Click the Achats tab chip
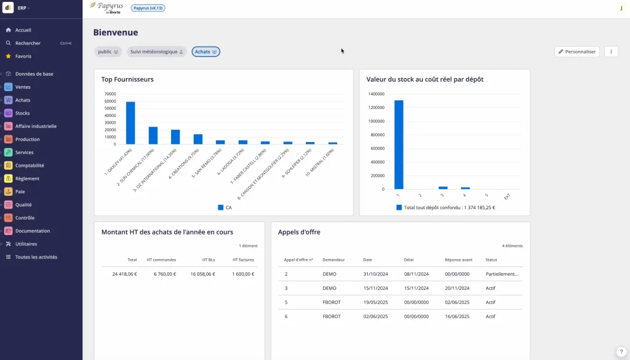205,52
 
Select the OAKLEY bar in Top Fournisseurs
130,123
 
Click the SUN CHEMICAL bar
153,135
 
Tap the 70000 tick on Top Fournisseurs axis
110,94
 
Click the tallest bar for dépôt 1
399,145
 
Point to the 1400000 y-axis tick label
376,94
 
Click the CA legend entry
225,207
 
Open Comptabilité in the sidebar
29,166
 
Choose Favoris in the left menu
23,56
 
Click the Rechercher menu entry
28,43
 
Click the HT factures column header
243,260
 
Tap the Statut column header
491,260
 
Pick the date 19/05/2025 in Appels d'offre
375,302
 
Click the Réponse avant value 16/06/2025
457,316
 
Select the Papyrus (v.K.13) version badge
148,8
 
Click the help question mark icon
621,351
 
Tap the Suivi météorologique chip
156,52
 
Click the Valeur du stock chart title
425,79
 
